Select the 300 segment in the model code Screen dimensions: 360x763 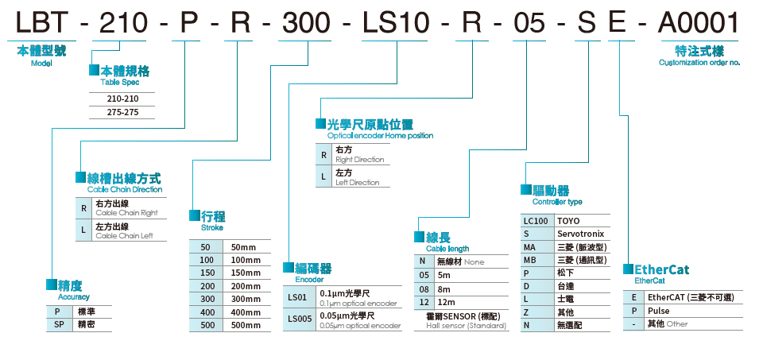pos(307,23)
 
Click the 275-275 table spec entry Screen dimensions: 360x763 pos(122,112)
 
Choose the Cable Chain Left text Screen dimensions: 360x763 pos(124,235)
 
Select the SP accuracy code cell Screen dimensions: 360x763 pos(58,325)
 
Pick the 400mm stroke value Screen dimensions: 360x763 pos(245,312)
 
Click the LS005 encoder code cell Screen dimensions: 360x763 pos(300,319)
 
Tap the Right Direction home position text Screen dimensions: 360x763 pos(359,160)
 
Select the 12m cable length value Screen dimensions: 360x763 pos(446,303)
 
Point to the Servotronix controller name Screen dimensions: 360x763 pos(580,234)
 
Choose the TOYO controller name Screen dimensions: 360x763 pos(569,221)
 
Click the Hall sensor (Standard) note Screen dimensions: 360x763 pos(461,326)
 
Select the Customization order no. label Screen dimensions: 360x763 pos(699,62)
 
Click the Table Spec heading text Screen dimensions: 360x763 pos(120,82)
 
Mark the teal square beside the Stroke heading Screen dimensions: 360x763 pos(195,216)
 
